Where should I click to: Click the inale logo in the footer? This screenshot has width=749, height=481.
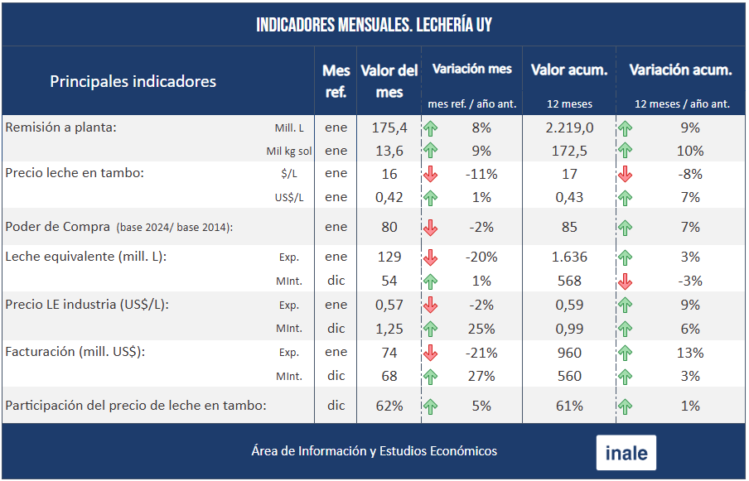[x=626, y=453]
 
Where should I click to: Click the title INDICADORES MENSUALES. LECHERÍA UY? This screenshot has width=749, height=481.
[x=374, y=25]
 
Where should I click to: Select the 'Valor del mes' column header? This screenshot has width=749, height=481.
[x=389, y=81]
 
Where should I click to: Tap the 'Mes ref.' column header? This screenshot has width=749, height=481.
[x=336, y=81]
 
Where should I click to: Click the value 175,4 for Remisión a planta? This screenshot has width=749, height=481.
[x=389, y=127]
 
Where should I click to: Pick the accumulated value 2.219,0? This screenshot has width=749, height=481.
[x=569, y=127]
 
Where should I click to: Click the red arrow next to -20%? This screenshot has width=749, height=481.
[x=430, y=257]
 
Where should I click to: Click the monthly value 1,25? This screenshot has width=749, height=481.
[x=389, y=329]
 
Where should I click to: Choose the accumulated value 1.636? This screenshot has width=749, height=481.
[x=569, y=257]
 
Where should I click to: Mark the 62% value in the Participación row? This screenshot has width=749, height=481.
[x=389, y=406]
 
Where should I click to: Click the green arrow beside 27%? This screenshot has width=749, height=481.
[x=430, y=376]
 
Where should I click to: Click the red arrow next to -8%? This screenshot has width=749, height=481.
[x=626, y=174]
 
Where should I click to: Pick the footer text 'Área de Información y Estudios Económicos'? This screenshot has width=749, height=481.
[x=374, y=451]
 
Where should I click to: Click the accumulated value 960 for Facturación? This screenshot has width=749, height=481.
[x=569, y=353]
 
